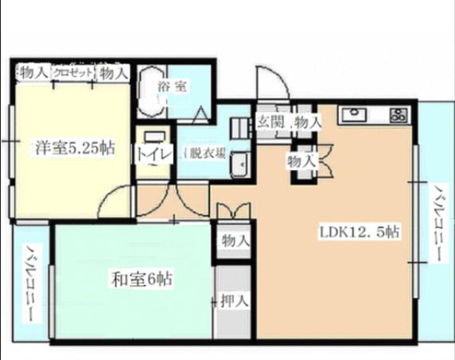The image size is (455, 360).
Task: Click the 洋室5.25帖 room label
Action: [72, 148]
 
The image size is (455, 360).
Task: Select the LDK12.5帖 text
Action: [360, 232]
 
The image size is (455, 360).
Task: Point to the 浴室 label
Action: [173, 87]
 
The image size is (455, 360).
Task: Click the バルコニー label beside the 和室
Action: [29, 283]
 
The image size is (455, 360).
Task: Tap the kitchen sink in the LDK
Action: [352, 116]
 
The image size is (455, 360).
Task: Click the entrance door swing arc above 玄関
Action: [270, 83]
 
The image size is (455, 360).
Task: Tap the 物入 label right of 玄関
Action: [307, 122]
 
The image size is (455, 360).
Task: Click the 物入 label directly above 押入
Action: [235, 240]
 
